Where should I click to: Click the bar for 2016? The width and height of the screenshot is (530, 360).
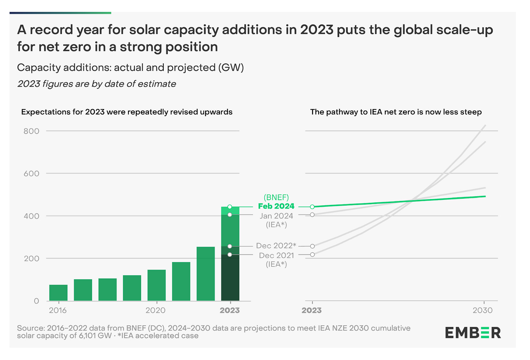[x=58, y=293]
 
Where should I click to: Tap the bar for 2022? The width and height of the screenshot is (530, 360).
[x=206, y=274]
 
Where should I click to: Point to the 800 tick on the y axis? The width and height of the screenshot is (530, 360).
[x=31, y=131]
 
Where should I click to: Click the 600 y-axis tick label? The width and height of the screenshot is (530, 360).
[x=31, y=174]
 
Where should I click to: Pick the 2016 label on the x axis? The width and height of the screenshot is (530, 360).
[x=58, y=310]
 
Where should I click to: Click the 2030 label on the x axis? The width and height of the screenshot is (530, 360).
[x=483, y=310]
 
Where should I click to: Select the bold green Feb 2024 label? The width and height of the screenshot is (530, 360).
[x=276, y=206]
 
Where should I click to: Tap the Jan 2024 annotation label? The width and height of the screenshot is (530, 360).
[x=276, y=216]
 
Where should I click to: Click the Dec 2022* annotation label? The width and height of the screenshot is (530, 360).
[x=276, y=246]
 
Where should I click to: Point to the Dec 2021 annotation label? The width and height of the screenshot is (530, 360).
[x=276, y=256]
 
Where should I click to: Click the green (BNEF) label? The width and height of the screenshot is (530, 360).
[x=276, y=198]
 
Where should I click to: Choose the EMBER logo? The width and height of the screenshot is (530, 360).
[x=473, y=333]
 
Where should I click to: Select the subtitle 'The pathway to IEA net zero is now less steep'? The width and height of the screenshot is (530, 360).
[x=396, y=112]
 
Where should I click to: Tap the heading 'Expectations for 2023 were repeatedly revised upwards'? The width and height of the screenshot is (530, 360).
[x=127, y=112]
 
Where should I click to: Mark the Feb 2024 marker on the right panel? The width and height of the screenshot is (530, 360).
[x=312, y=207]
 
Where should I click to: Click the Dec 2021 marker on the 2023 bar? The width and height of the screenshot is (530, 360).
[x=230, y=254]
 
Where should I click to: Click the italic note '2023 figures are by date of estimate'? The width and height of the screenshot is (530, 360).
[x=96, y=84]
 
